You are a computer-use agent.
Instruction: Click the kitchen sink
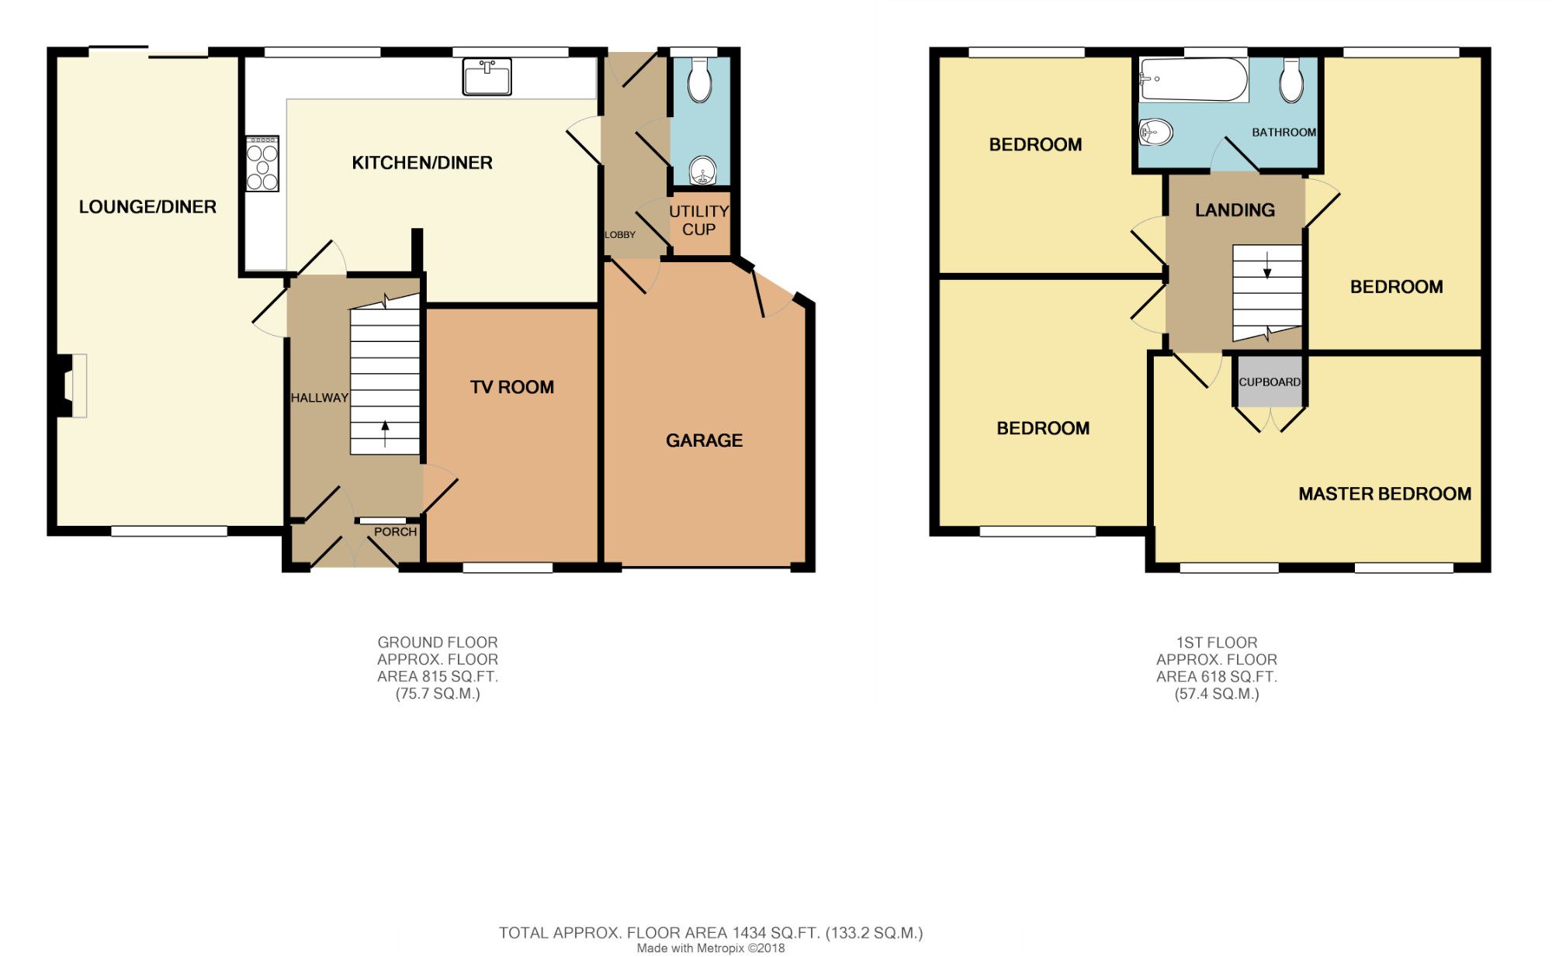(x=487, y=77)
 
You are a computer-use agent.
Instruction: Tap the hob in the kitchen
(x=262, y=164)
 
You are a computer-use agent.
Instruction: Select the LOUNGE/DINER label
(x=147, y=206)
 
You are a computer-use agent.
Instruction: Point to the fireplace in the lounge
(x=71, y=385)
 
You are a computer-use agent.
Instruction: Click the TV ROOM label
(x=512, y=387)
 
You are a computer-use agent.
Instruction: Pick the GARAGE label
(x=705, y=440)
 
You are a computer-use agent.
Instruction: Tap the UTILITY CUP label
(x=699, y=220)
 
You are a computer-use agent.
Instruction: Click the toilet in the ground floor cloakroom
(x=700, y=80)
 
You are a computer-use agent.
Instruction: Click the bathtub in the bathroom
(x=1193, y=80)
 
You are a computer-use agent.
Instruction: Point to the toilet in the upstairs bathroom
(x=1291, y=80)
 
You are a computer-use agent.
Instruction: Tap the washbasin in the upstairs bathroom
(x=1155, y=133)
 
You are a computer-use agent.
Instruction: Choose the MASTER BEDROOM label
(x=1385, y=494)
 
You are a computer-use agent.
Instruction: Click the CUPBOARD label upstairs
(x=1270, y=382)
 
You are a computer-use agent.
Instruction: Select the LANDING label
(x=1235, y=210)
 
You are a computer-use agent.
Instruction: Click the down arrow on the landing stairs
(x=1268, y=265)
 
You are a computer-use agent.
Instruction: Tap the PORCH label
(x=396, y=532)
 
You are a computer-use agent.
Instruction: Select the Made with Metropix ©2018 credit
(x=711, y=948)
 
